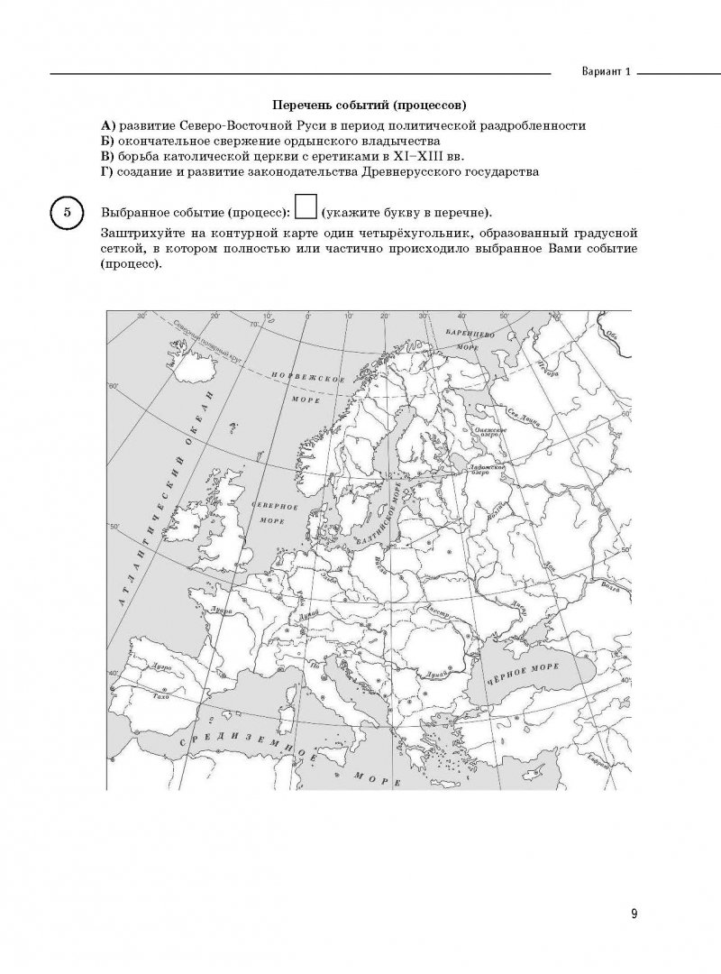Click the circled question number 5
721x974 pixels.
[x=65, y=214]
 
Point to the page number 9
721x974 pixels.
[x=634, y=914]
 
